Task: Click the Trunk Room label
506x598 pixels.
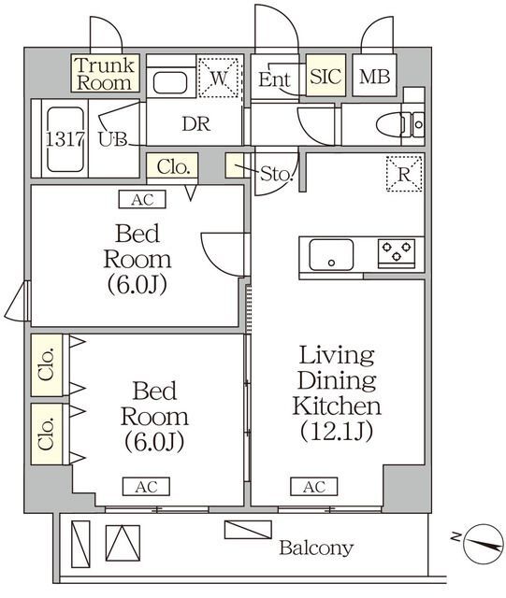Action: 105,73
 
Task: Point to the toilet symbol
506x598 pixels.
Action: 398,123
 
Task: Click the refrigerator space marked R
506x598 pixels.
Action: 404,173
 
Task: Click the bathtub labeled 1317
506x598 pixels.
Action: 59,137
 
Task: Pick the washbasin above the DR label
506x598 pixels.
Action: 171,81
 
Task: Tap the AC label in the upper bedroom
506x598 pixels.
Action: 142,198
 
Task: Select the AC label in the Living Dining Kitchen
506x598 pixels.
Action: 313,486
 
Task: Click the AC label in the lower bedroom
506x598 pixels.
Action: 144,486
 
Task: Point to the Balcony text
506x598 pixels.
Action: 316,548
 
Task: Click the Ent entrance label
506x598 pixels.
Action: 275,79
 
